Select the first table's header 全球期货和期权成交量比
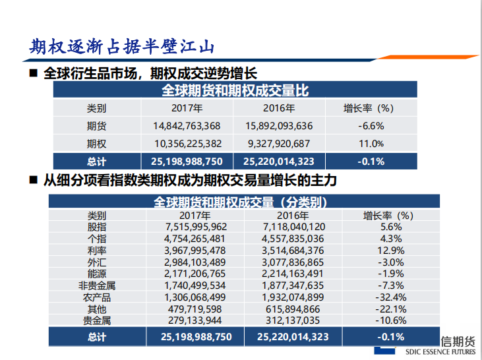[x=235, y=90]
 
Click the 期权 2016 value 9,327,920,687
[x=278, y=143]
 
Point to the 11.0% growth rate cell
[x=371, y=143]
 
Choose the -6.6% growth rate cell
[x=371, y=125]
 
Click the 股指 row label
[x=96, y=226]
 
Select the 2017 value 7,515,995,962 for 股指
[x=195, y=226]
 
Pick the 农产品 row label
[x=96, y=297]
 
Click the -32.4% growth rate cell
[x=389, y=297]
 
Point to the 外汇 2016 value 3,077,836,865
[x=293, y=262]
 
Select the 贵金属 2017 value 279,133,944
[x=195, y=321]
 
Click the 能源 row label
[x=96, y=274]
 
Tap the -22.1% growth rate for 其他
[x=389, y=309]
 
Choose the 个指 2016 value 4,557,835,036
[x=293, y=238]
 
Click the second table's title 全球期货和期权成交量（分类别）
[x=241, y=201]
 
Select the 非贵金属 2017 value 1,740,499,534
[x=195, y=285]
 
